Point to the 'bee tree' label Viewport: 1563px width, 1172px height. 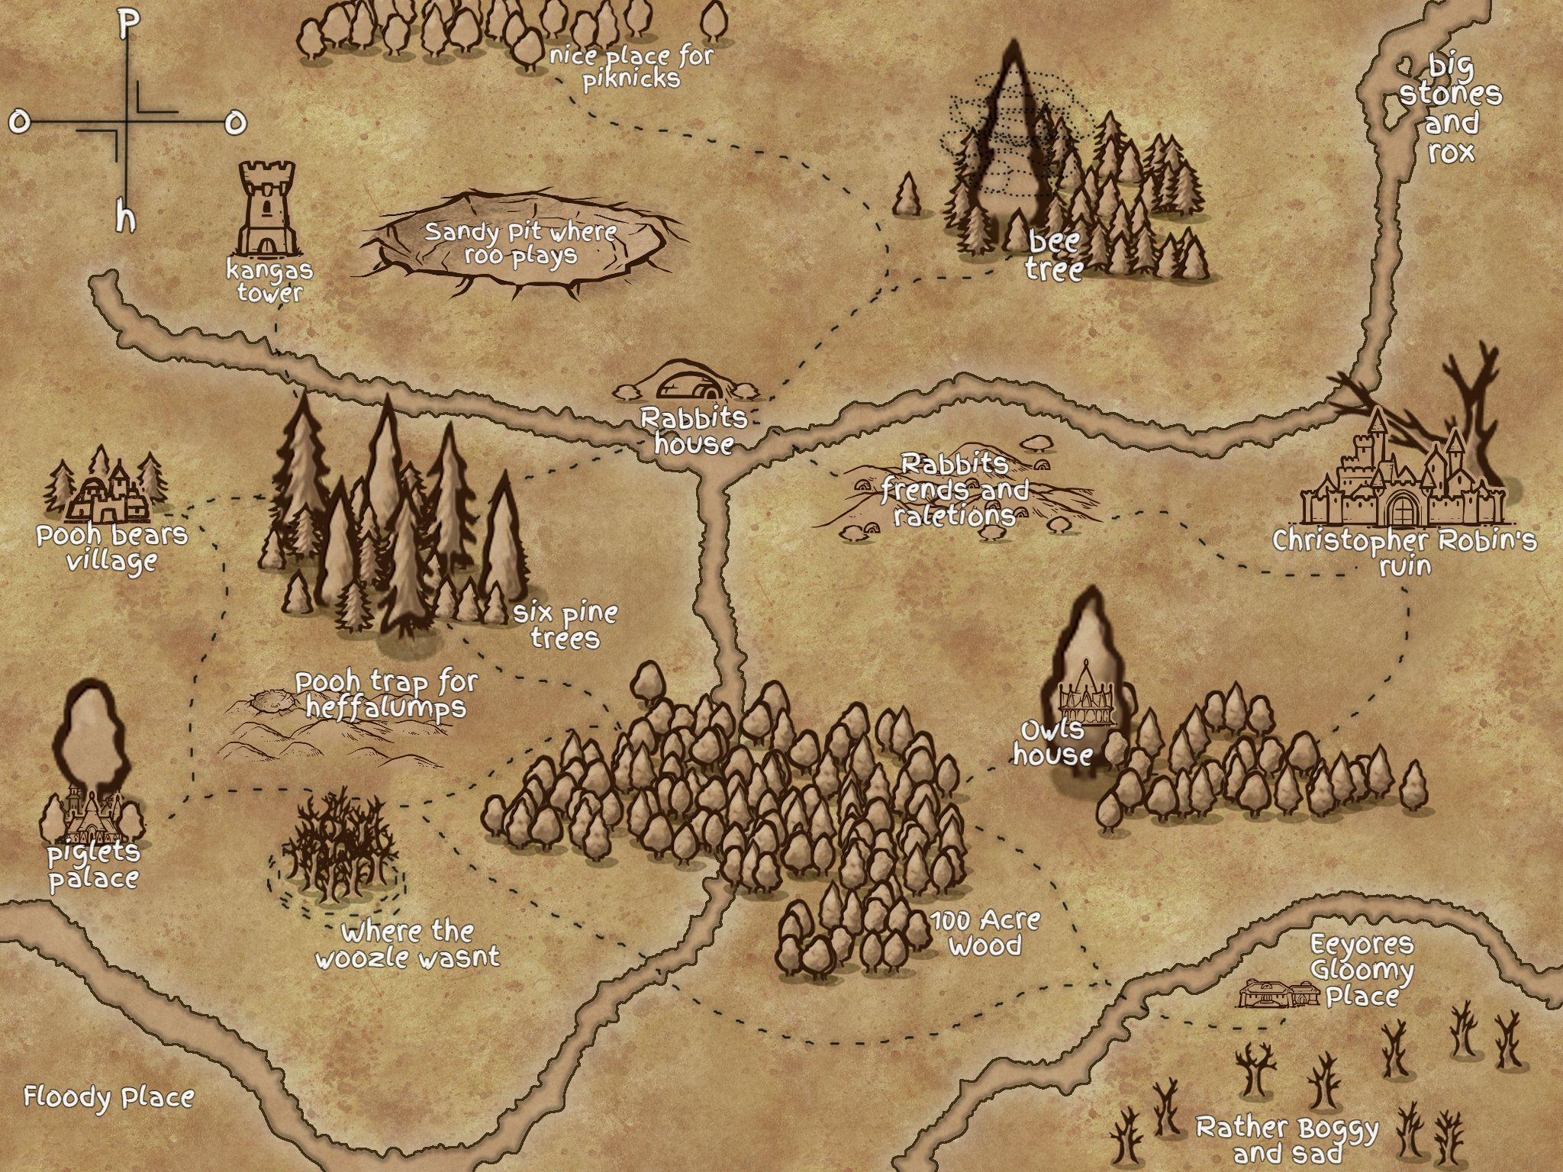(x=1054, y=256)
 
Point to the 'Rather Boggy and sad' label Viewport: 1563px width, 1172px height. (x=1287, y=1138)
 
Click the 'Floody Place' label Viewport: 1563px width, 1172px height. (x=108, y=1097)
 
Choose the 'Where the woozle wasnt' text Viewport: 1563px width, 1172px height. (x=408, y=945)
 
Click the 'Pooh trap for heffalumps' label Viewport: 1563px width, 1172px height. (x=386, y=694)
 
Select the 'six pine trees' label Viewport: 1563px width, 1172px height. (x=565, y=626)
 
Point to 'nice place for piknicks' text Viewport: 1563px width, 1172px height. (x=631, y=67)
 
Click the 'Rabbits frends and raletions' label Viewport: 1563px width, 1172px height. (x=955, y=490)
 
